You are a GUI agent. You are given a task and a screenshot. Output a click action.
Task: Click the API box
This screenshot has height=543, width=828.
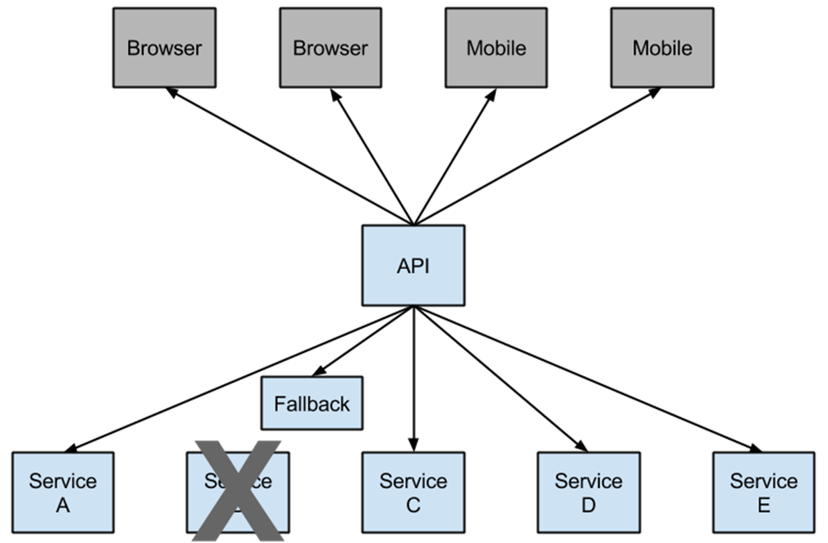[413, 265]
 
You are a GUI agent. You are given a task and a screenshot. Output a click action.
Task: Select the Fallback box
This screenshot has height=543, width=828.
[311, 403]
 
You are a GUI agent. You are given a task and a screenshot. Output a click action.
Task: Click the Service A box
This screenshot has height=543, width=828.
[63, 492]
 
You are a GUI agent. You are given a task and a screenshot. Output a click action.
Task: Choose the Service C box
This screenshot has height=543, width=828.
[413, 492]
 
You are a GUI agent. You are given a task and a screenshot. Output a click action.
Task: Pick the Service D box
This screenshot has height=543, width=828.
[588, 492]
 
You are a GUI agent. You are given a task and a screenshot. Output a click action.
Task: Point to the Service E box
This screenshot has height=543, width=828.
[763, 492]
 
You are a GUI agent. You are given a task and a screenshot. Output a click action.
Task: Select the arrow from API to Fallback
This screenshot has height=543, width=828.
[360, 341]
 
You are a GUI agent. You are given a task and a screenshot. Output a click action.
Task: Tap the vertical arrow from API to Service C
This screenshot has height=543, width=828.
[413, 378]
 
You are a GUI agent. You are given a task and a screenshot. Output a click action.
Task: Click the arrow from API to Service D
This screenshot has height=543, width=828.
[500, 378]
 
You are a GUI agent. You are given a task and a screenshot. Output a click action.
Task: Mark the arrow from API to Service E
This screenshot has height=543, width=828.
[585, 378]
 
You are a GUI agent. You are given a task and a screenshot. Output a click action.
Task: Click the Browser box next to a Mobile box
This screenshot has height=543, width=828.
[330, 48]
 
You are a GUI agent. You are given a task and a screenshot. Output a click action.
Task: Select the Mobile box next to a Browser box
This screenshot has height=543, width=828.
[496, 48]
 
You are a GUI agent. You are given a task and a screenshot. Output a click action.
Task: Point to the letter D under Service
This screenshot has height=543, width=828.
[588, 505]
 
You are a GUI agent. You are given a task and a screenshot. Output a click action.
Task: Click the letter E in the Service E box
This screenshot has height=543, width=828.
[763, 505]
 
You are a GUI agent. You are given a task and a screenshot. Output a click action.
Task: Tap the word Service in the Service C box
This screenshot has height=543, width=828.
[413, 481]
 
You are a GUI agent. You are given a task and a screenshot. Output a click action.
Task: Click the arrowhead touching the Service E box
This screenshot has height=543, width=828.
[754, 448]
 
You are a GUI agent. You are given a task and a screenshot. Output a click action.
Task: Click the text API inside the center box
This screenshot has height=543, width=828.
[413, 266]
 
